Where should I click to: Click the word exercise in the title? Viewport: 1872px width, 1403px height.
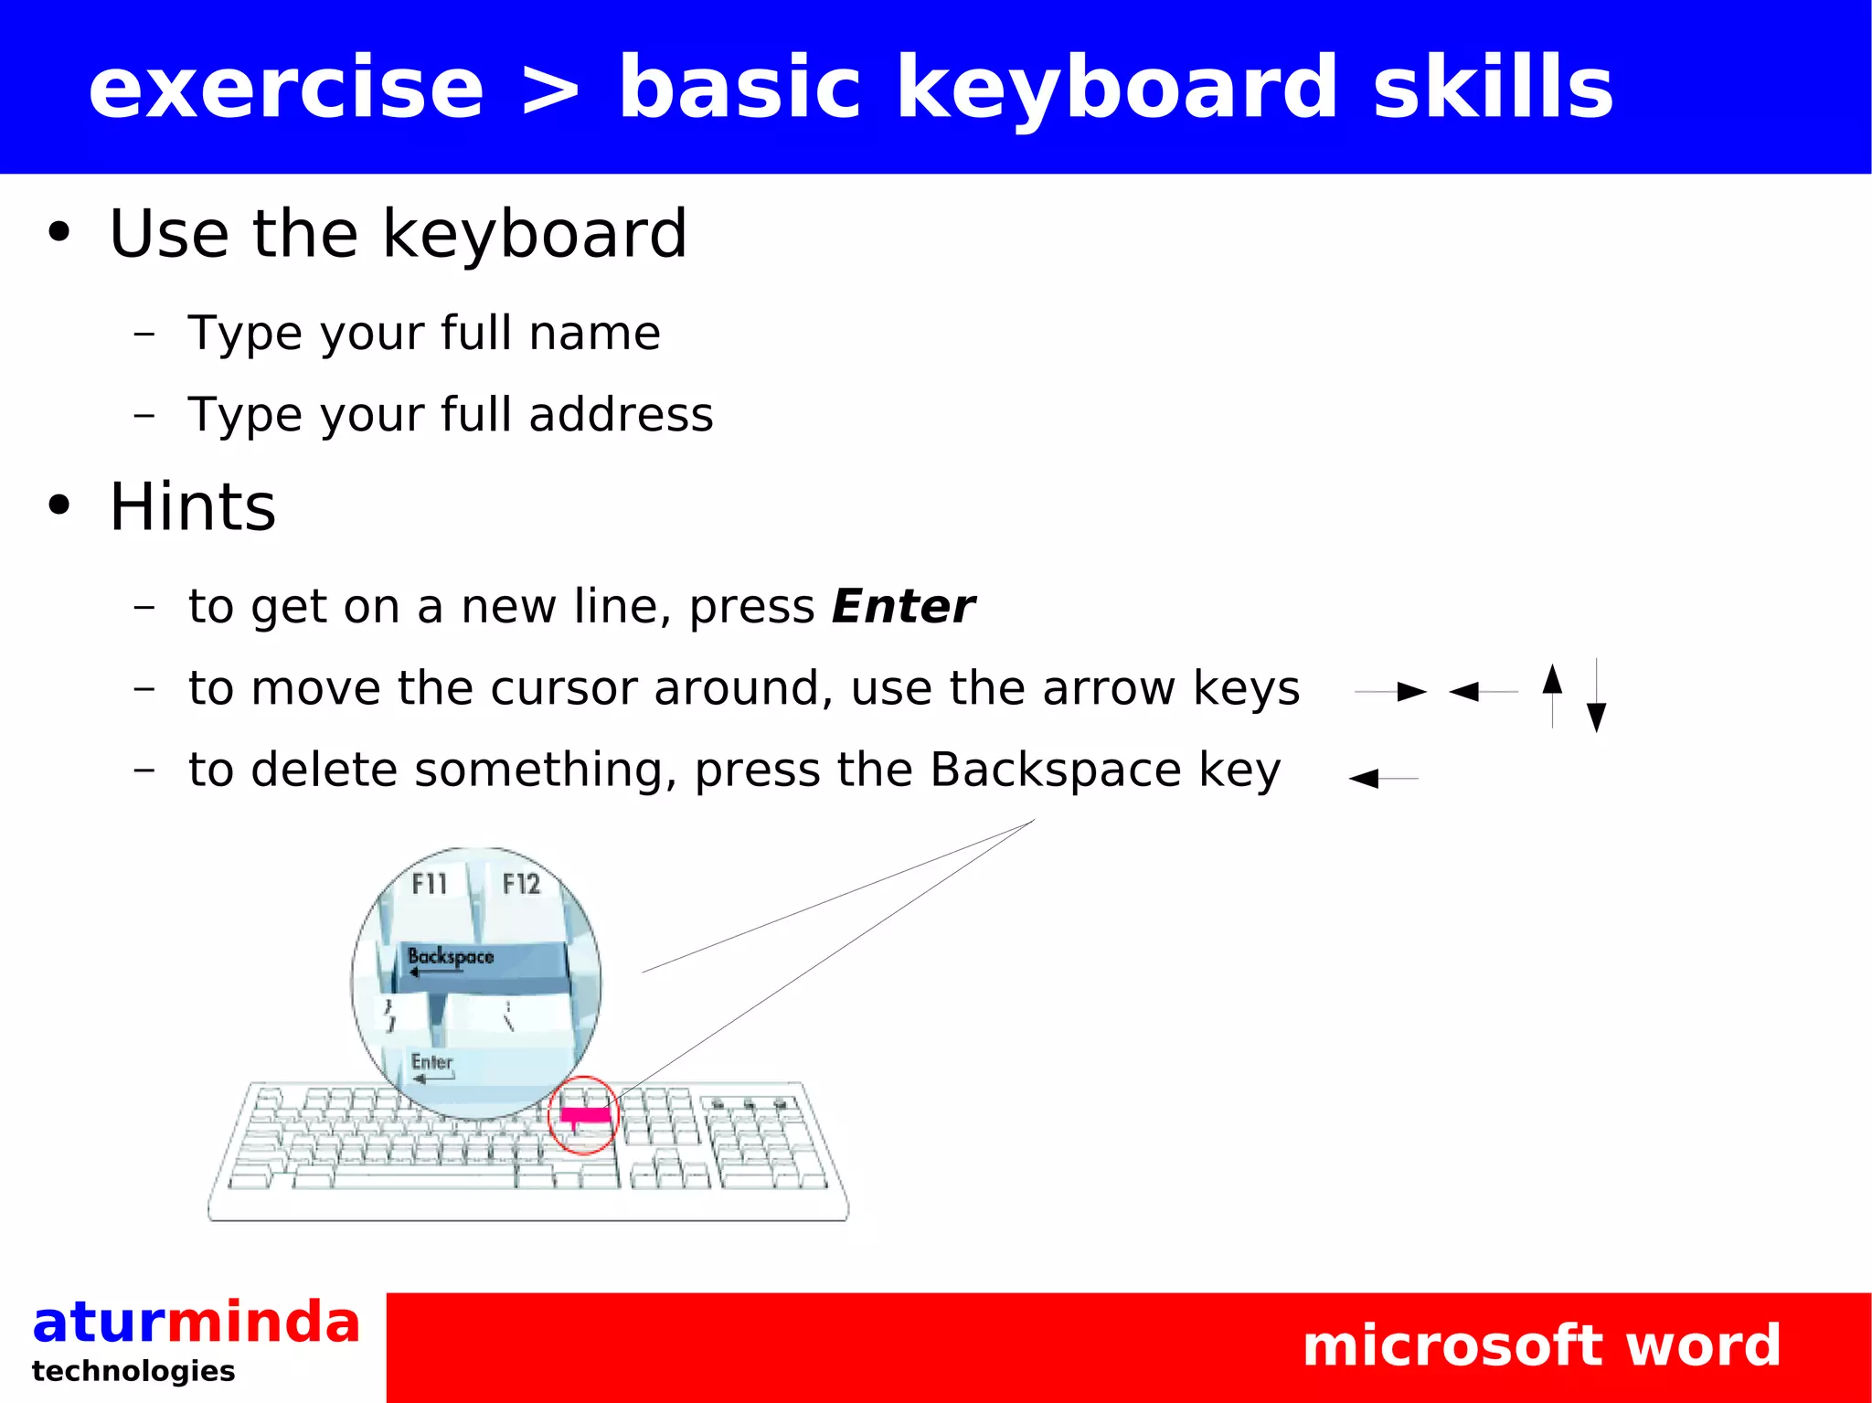tap(285, 88)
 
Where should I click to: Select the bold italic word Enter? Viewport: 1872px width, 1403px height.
tap(903, 607)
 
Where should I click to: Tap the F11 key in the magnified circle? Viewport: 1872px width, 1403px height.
tap(430, 884)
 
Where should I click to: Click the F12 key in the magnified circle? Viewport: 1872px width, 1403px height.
tap(521, 884)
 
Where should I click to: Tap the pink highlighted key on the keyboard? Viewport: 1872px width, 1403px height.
tap(585, 1114)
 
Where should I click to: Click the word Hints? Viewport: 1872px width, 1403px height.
tap(192, 507)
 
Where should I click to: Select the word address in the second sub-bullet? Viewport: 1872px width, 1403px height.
tap(621, 415)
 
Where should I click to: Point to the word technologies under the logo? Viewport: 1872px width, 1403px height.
tap(133, 1371)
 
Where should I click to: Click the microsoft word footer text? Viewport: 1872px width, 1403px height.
tap(1541, 1345)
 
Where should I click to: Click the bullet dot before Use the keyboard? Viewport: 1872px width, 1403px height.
tap(58, 233)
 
